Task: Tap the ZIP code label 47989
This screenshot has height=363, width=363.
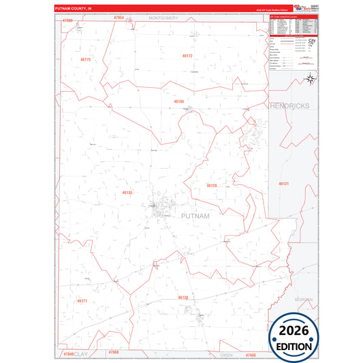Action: point(66,21)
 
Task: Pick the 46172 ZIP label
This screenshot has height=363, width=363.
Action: point(188,55)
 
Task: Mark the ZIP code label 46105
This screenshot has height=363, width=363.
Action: point(179,101)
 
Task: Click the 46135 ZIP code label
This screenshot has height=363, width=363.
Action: point(127,193)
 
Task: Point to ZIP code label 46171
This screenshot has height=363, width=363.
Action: point(82,300)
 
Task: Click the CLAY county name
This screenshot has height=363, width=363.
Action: point(82,355)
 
